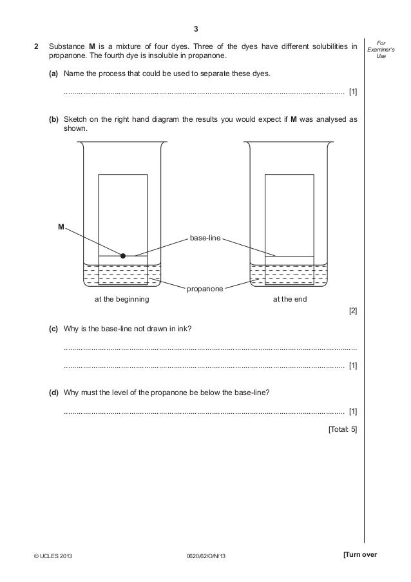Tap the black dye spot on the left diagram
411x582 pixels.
(123, 255)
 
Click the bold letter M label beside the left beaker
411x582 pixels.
(61, 227)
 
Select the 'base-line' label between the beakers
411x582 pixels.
(205, 238)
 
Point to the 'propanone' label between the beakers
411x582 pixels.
(205, 289)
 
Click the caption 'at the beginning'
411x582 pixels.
(122, 300)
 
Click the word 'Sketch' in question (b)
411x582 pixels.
(77, 120)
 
